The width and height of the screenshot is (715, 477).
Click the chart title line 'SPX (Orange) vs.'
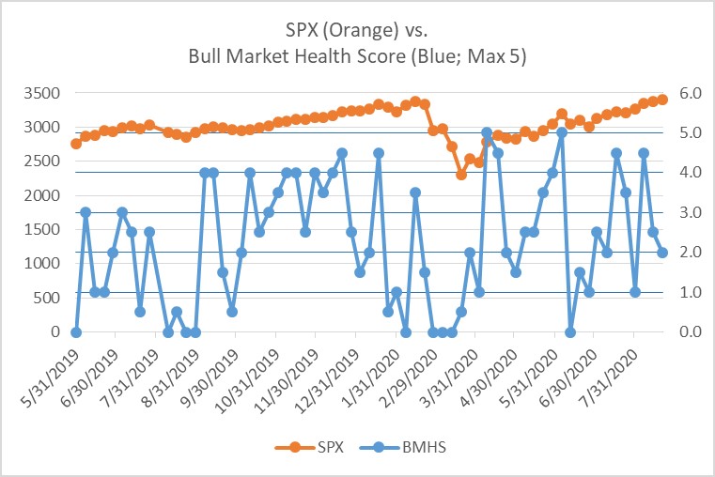click(x=357, y=31)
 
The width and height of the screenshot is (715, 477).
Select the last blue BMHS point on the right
click(x=662, y=253)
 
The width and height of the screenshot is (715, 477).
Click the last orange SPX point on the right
click(x=662, y=100)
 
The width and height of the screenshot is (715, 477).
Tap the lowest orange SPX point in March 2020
click(x=461, y=175)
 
